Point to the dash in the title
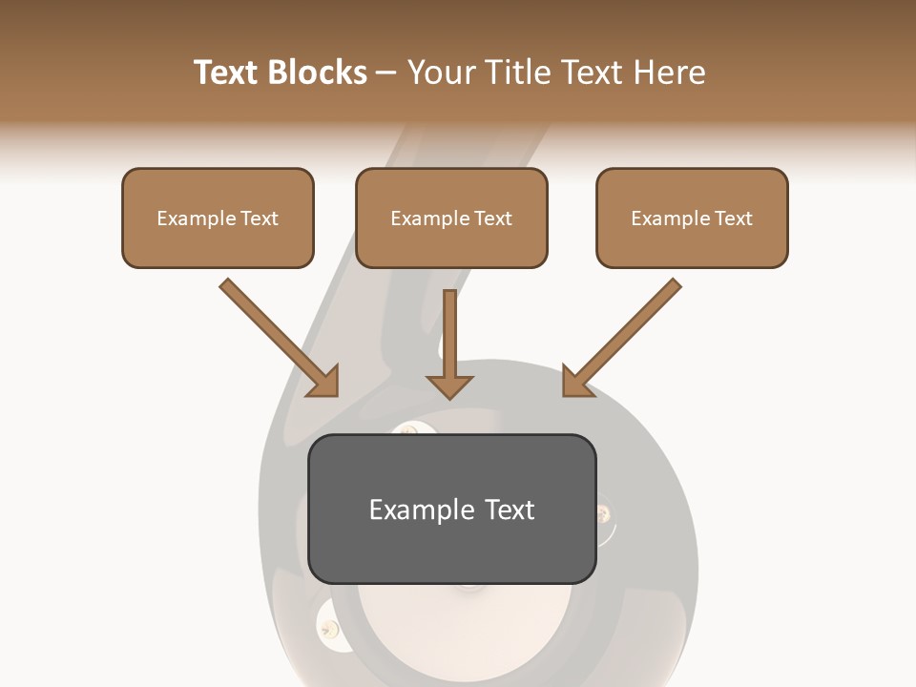point(386,73)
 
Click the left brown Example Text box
point(218,218)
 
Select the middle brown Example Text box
point(451,218)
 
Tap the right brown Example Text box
point(692,218)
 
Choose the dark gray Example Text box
point(451,509)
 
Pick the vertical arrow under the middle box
point(449,334)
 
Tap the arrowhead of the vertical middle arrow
point(449,385)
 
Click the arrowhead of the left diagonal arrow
point(324,382)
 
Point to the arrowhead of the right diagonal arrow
point(575,382)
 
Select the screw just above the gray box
point(407,430)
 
